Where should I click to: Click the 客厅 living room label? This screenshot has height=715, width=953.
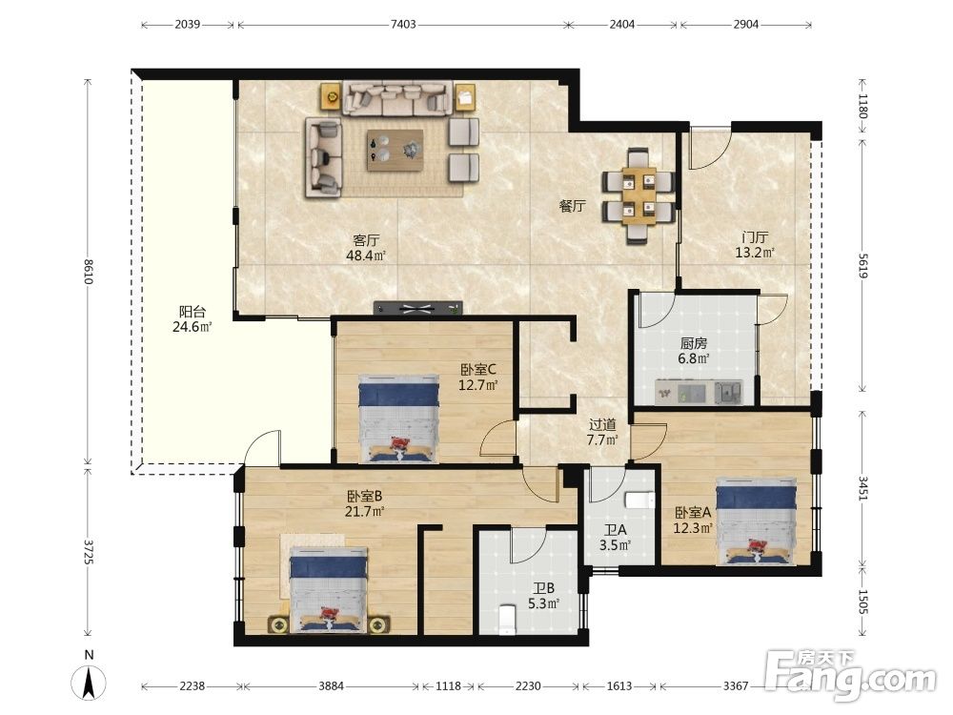[367, 240]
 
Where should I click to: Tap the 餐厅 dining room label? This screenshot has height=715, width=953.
[573, 206]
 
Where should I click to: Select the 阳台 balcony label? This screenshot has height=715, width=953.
[193, 312]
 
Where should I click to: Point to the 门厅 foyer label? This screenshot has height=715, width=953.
[754, 237]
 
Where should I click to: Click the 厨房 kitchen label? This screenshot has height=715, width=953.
[694, 343]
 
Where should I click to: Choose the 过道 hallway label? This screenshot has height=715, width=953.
[602, 425]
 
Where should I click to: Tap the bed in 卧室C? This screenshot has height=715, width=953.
[398, 419]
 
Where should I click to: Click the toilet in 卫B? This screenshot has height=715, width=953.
[506, 620]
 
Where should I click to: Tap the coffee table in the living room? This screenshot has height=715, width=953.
[395, 151]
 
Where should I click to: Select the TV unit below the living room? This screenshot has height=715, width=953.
[418, 308]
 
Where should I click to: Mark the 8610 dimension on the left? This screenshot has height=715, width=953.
[89, 272]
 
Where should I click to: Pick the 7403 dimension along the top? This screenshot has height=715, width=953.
[403, 25]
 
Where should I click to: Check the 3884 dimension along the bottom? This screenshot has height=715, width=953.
[332, 685]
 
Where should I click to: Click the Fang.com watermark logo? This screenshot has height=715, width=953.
[850, 677]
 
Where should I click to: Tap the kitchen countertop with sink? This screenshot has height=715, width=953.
[699, 392]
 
